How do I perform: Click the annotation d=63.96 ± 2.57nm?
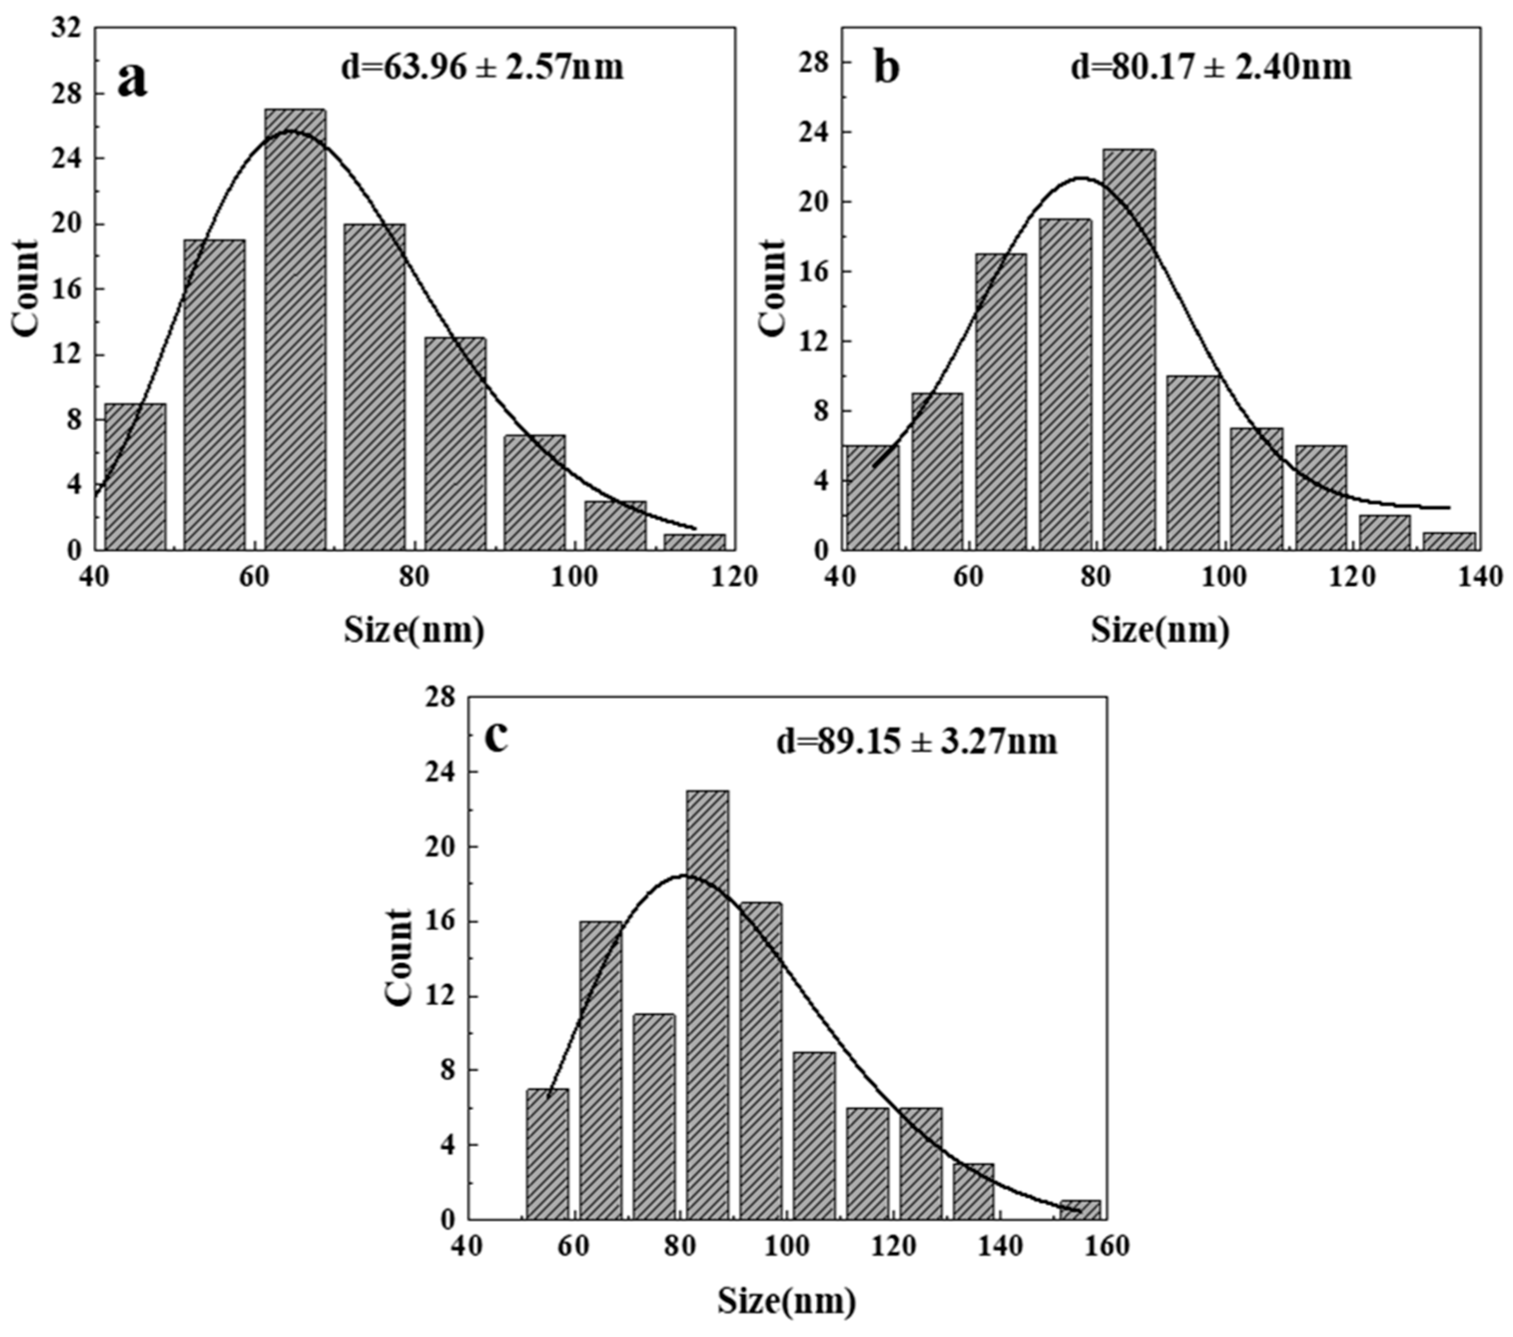482,67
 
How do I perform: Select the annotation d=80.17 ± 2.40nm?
1211,67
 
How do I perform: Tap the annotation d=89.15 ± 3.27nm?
916,742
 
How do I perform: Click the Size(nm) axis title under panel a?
414,631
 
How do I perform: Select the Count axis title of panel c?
400,958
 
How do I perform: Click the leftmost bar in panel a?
135,477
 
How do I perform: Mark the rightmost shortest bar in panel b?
1449,541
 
